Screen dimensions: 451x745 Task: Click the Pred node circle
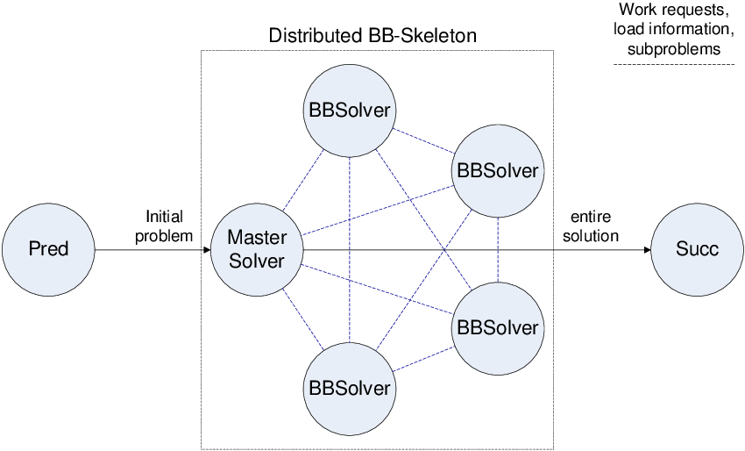click(48, 249)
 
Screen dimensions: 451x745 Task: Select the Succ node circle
click(697, 249)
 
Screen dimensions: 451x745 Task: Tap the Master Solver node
click(256, 249)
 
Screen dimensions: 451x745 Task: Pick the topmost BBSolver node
click(349, 111)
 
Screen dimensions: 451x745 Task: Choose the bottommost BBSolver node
click(349, 386)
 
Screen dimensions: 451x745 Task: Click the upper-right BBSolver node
click(497, 169)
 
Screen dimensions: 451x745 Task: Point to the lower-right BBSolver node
click(497, 327)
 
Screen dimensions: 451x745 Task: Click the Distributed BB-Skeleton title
click(372, 36)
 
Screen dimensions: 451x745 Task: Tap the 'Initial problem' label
click(164, 225)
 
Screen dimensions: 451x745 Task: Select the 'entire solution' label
click(594, 225)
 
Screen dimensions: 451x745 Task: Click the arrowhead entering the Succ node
click(647, 250)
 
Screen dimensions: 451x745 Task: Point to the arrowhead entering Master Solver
click(207, 250)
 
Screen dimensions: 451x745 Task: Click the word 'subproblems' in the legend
click(674, 49)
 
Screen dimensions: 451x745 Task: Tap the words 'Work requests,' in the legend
click(674, 11)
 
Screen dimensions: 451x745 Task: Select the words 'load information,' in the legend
click(674, 30)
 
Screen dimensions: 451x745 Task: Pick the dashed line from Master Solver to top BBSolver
click(302, 180)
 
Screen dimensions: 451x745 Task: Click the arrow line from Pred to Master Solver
click(149, 250)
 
